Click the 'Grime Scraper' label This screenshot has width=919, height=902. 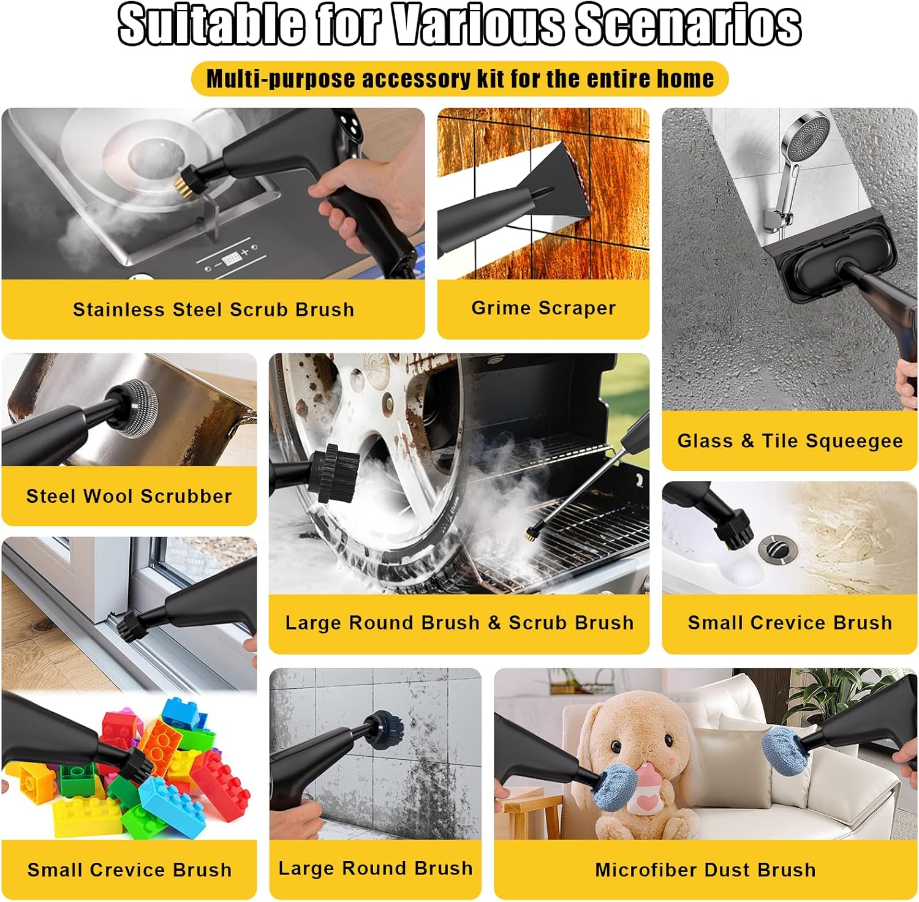point(543,307)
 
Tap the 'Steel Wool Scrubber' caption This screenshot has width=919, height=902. point(129,495)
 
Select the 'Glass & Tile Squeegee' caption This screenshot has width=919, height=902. point(790,440)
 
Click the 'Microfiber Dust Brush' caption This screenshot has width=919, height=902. point(705,869)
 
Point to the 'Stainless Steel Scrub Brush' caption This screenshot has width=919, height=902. point(213,309)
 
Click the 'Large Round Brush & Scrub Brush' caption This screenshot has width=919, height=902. point(459,622)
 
